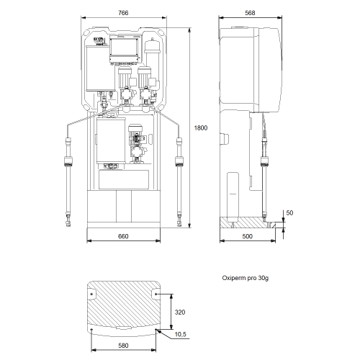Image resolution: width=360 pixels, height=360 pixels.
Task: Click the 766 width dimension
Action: (x=123, y=13)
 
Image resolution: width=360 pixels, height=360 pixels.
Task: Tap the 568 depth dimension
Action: (x=250, y=13)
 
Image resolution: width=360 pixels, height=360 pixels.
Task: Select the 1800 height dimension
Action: (x=201, y=128)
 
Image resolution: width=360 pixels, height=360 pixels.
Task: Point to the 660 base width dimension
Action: (x=123, y=236)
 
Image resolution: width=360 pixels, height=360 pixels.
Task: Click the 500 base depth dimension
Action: (x=247, y=236)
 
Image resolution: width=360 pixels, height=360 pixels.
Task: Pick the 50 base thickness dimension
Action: (x=289, y=213)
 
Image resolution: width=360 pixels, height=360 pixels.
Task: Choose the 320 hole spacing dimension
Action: (x=180, y=312)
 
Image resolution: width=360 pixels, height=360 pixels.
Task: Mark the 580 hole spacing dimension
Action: (x=123, y=346)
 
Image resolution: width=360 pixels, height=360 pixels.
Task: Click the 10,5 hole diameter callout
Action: (x=180, y=334)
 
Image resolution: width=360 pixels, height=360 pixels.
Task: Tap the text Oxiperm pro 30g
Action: (x=246, y=278)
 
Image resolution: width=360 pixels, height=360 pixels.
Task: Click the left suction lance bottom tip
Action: (x=68, y=225)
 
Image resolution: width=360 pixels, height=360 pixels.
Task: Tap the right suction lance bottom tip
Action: (x=179, y=225)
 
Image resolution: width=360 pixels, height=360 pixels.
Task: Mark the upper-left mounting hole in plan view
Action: (x=91, y=294)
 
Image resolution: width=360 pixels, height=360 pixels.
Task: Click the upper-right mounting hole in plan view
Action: (x=156, y=294)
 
